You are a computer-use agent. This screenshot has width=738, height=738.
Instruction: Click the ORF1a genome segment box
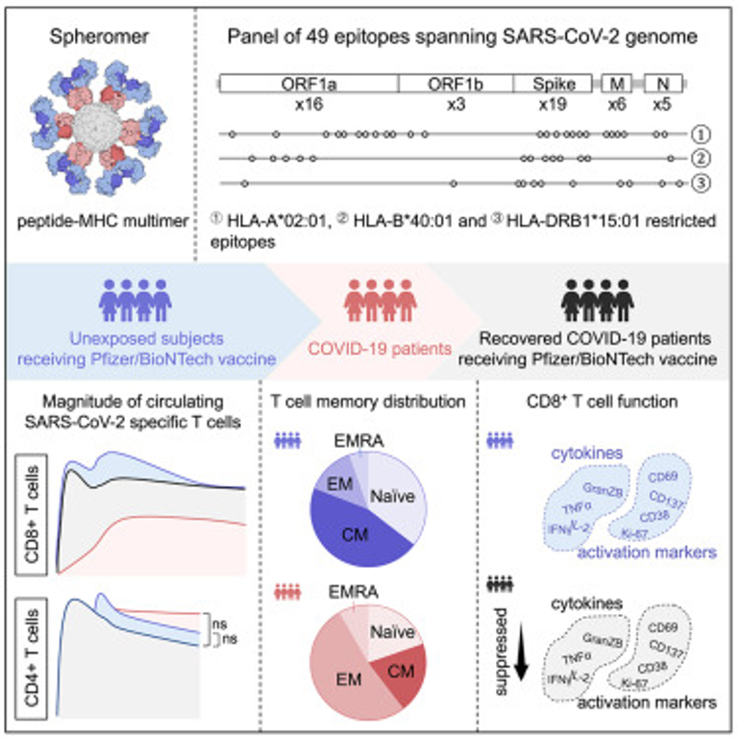pyautogui.click(x=308, y=84)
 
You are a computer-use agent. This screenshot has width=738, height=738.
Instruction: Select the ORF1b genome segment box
pyautogui.click(x=455, y=84)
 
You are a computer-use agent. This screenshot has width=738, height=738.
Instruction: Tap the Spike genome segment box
pyautogui.click(x=553, y=84)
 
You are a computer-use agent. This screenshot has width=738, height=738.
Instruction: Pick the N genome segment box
pyautogui.click(x=663, y=84)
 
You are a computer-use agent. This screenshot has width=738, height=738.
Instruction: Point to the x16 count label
pyautogui.click(x=307, y=104)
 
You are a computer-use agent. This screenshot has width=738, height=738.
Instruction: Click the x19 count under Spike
pyautogui.click(x=552, y=104)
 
